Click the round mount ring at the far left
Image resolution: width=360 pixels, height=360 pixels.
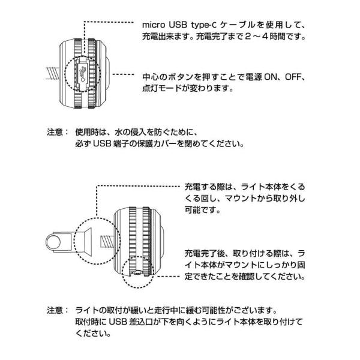tap(57, 243)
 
